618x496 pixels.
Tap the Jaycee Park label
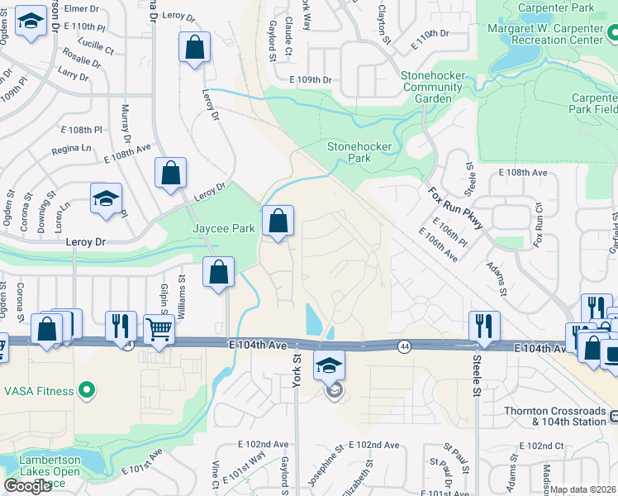222,227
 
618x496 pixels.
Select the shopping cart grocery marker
158,329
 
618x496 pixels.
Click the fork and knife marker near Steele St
483,325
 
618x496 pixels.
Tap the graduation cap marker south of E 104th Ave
329,364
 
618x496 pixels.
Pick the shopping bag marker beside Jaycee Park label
278,221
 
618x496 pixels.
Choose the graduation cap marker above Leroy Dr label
107,199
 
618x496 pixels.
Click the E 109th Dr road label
310,80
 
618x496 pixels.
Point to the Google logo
27,485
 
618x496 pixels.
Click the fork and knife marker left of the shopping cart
121,325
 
